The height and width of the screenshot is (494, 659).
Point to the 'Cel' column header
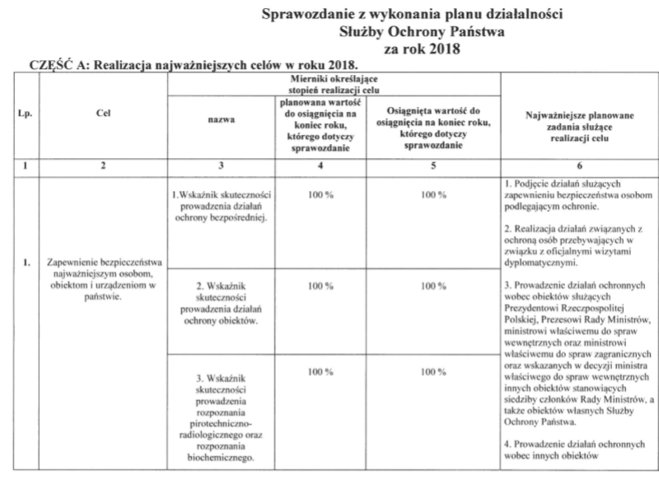click(x=102, y=117)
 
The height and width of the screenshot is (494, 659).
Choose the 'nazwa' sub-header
click(x=221, y=120)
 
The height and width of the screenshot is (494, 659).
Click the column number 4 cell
click(x=317, y=165)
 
